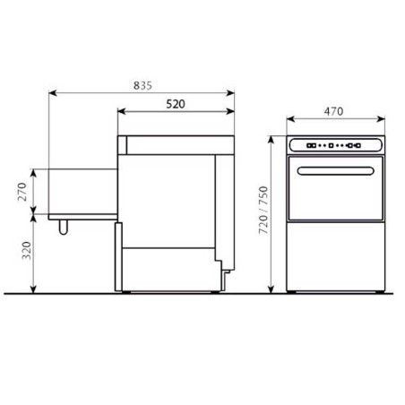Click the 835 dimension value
[142, 85]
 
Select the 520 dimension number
[176, 105]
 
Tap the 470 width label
[333, 112]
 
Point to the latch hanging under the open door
[63, 227]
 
